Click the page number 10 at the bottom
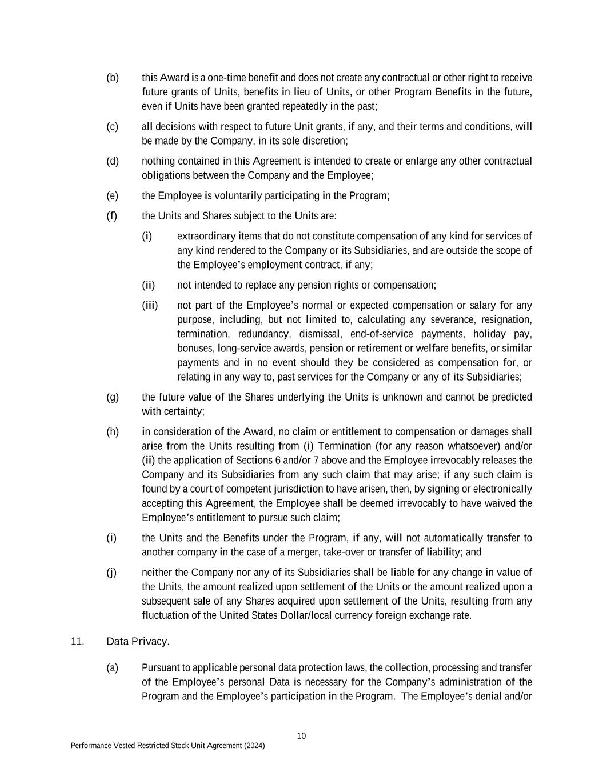[x=301, y=735]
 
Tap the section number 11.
[x=77, y=641]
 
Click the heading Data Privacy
[x=138, y=641]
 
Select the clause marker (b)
[x=113, y=77]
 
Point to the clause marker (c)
[x=113, y=126]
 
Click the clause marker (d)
[x=113, y=161]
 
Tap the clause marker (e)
[x=113, y=196]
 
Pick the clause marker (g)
[x=113, y=397]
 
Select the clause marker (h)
[x=113, y=431]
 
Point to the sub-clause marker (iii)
[x=150, y=305]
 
